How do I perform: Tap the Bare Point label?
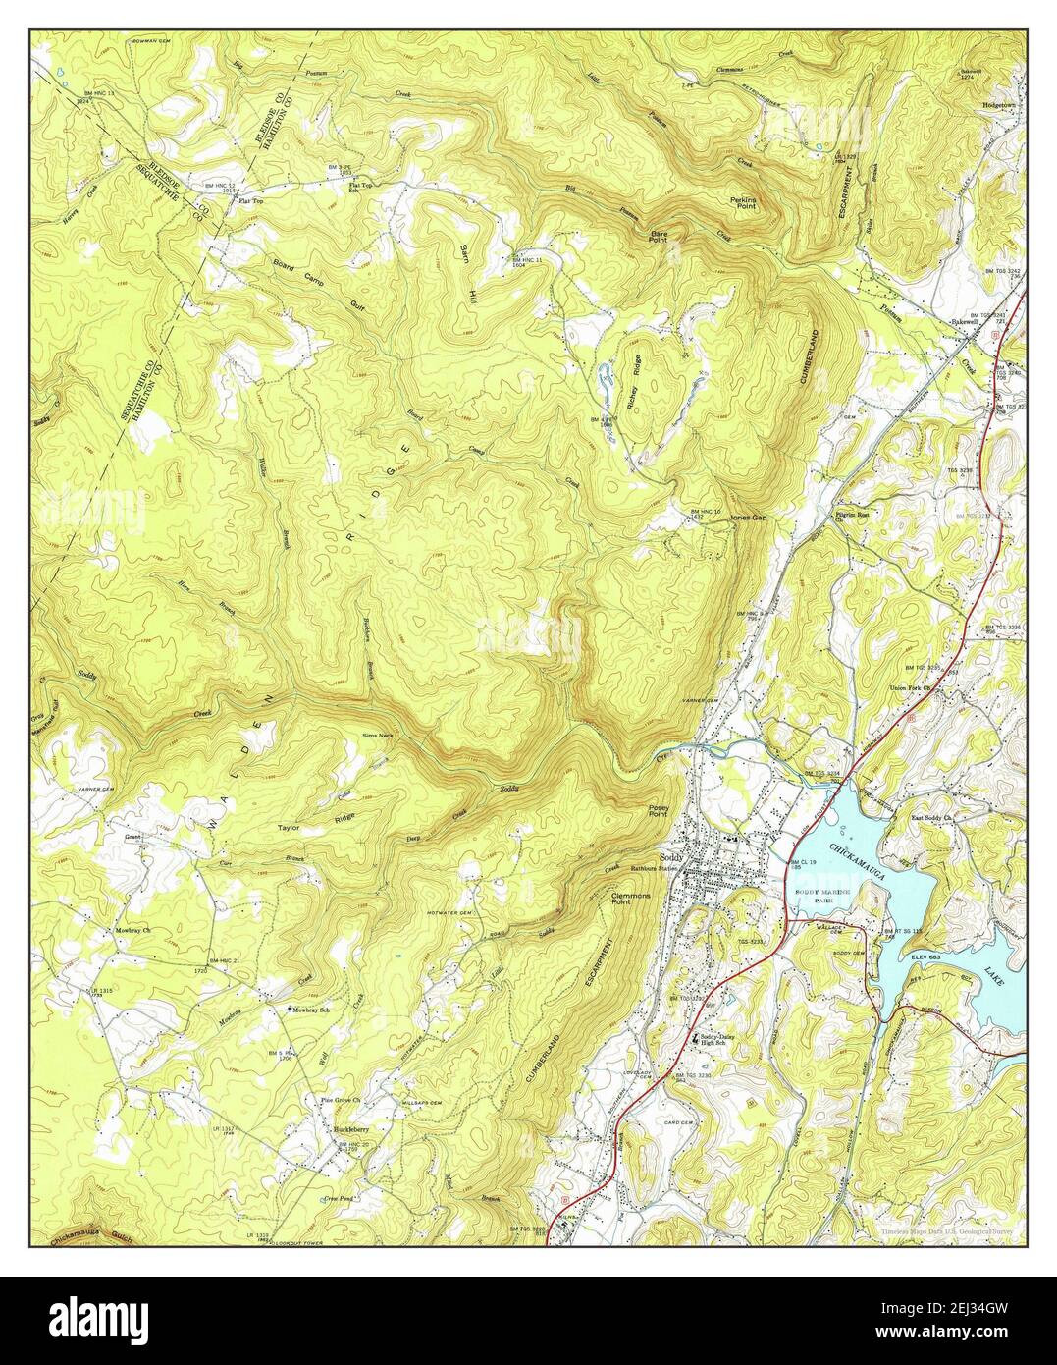tap(659, 236)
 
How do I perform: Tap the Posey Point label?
tap(658, 811)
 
